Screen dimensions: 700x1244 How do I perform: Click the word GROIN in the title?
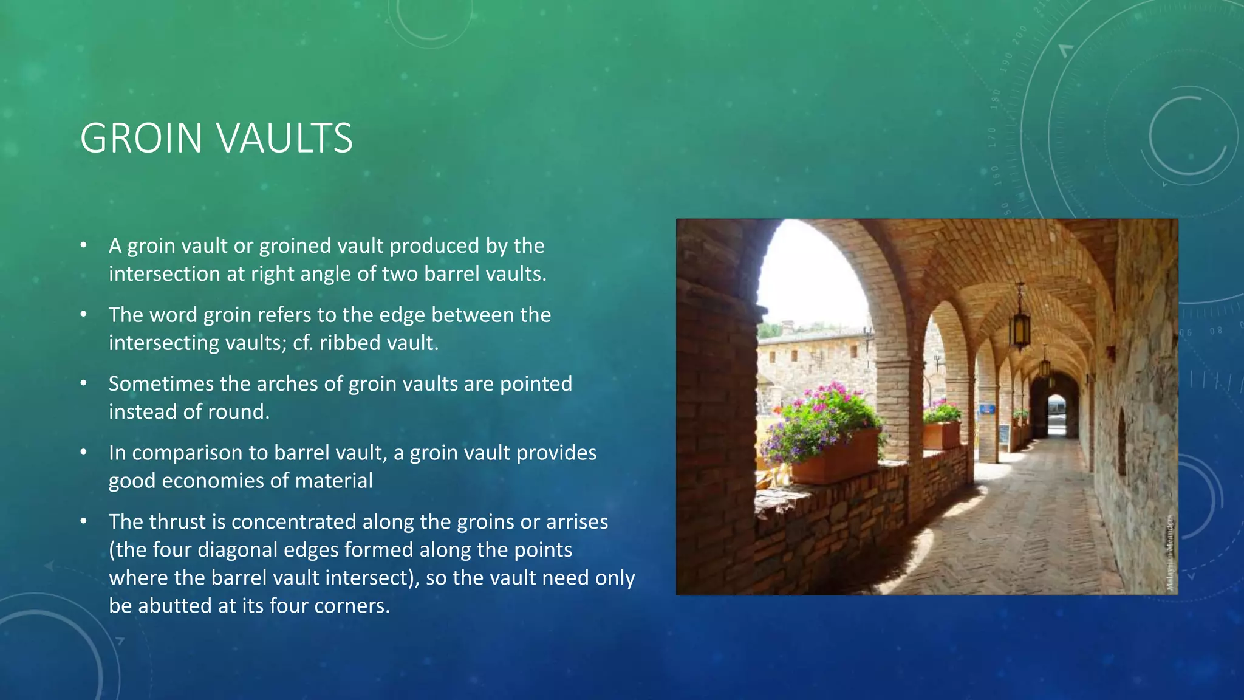[x=141, y=138]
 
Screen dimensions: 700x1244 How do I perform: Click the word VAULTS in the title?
[x=285, y=138]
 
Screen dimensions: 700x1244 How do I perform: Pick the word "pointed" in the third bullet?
[x=536, y=384]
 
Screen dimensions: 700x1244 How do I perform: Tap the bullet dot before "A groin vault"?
[x=84, y=246]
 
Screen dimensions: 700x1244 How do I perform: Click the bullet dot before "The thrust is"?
[x=84, y=522]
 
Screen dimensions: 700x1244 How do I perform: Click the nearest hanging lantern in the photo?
[x=1020, y=322]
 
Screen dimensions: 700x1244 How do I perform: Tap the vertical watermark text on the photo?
[x=1170, y=552]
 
